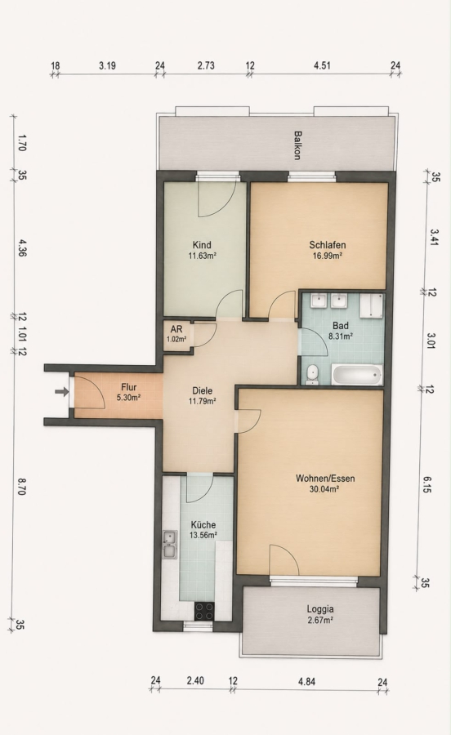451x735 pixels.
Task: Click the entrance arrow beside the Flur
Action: click(x=61, y=391)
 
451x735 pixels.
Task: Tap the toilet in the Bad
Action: click(x=311, y=375)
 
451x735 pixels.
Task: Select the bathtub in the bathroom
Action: click(x=357, y=376)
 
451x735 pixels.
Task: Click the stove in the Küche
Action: click(x=204, y=610)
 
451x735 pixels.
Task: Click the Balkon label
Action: click(x=297, y=145)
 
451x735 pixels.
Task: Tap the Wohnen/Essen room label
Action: click(x=325, y=479)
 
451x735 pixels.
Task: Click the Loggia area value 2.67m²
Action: click(x=320, y=620)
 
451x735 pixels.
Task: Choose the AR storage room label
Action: click(x=176, y=329)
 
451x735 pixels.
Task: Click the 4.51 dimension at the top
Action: click(x=322, y=65)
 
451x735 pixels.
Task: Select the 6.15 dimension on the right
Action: click(x=427, y=484)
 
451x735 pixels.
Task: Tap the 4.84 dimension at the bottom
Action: click(x=306, y=682)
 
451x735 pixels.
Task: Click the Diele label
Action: click(x=202, y=390)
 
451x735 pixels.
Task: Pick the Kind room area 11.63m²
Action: click(x=202, y=256)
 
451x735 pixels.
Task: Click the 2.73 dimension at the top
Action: click(x=206, y=65)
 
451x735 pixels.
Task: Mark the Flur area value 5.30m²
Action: click(x=129, y=398)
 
